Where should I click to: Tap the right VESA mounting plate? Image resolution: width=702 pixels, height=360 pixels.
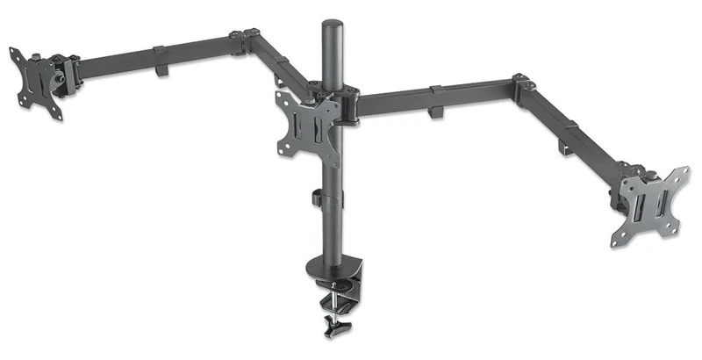coord(648,204)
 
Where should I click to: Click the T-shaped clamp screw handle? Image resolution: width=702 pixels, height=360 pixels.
coord(332,328)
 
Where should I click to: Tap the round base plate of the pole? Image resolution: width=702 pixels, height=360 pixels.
coord(327,263)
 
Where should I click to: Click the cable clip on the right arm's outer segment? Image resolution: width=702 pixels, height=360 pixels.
coord(567,146)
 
